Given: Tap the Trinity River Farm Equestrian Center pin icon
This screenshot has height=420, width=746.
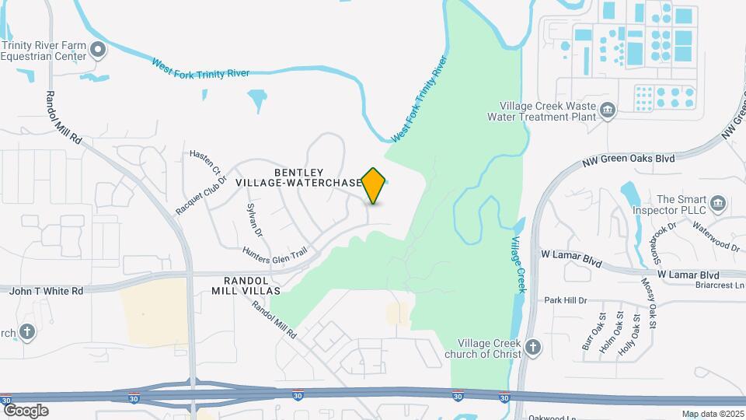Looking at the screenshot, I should (98, 51).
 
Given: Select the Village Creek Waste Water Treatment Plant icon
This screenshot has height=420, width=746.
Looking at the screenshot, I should (608, 112).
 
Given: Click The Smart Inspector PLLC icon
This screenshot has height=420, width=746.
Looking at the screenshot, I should (718, 205).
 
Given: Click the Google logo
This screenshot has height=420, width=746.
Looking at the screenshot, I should (25, 411).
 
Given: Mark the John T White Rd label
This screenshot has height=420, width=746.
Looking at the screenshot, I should (46, 290).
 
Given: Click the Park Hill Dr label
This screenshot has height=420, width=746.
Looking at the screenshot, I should (565, 300).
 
